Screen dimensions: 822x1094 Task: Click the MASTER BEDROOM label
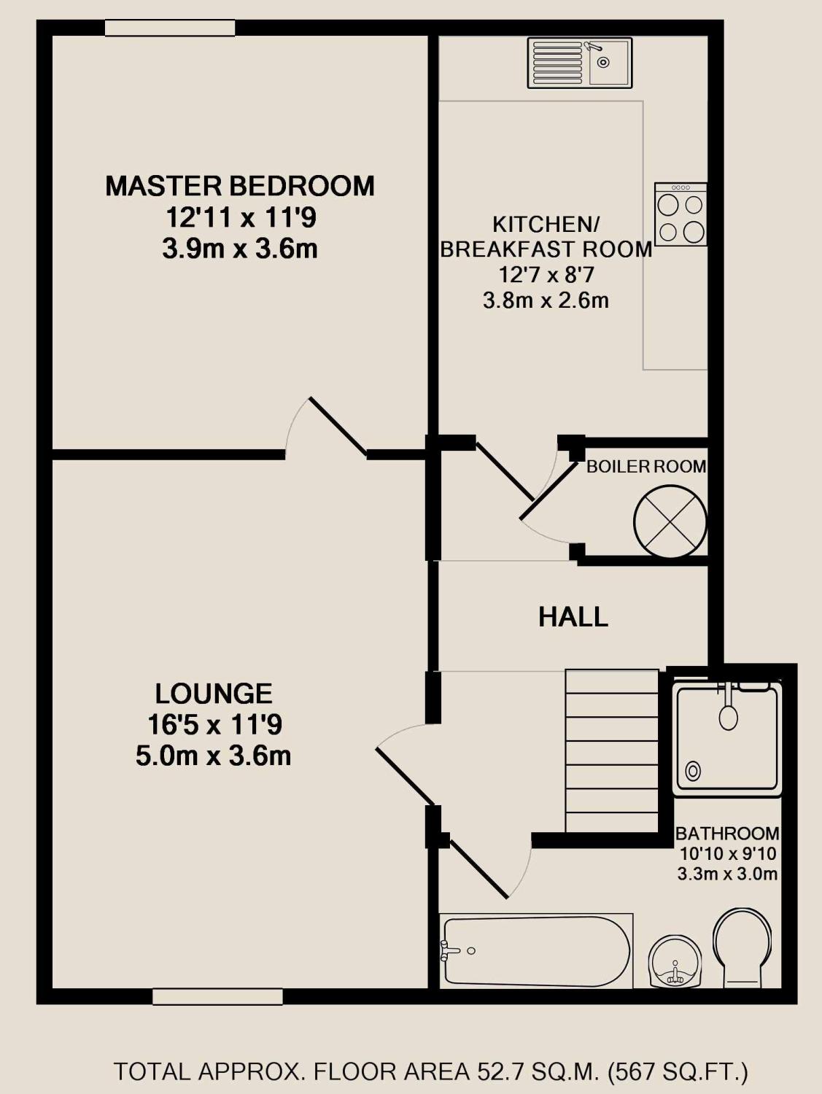[240, 185]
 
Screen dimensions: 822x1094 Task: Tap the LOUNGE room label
[214, 694]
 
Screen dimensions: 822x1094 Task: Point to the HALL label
[573, 617]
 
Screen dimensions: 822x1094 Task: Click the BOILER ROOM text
[646, 467]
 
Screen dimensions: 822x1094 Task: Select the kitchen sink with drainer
[580, 63]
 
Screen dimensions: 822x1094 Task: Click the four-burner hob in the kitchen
[681, 214]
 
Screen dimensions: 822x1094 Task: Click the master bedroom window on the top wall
[170, 28]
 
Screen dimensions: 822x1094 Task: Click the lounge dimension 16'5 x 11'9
[215, 725]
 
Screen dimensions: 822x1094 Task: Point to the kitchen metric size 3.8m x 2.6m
[546, 300]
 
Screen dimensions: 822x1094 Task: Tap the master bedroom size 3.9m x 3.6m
[240, 249]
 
